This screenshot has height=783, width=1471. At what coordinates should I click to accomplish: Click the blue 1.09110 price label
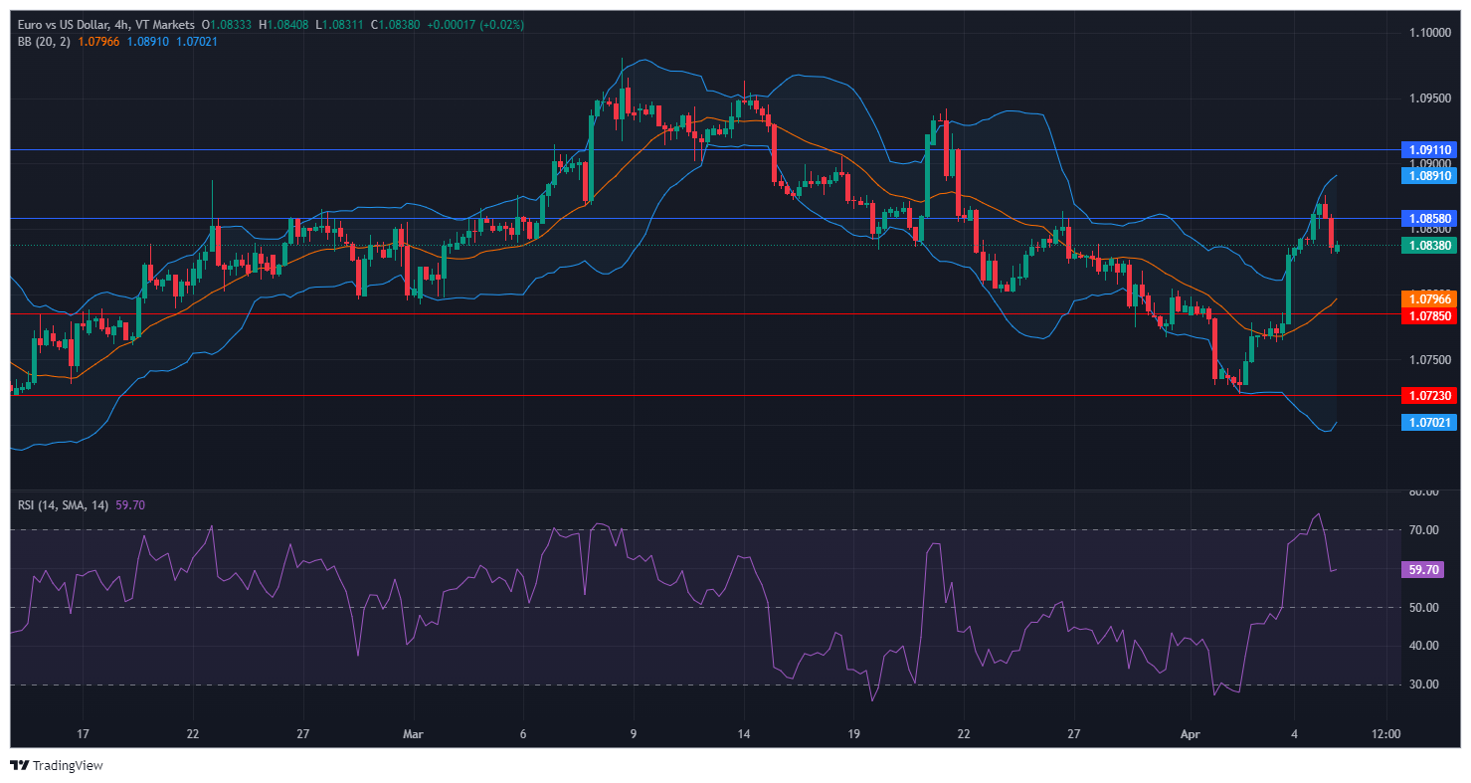click(1429, 150)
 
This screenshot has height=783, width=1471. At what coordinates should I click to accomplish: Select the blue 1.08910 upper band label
click(1429, 175)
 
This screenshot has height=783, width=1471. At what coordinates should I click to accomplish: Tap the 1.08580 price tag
click(1429, 218)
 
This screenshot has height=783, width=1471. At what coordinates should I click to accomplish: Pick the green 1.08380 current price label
click(1429, 245)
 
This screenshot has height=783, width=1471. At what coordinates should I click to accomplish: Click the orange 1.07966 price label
click(1429, 298)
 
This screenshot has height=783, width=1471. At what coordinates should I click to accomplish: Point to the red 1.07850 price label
click(1429, 315)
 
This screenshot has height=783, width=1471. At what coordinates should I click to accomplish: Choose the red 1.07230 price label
click(1429, 396)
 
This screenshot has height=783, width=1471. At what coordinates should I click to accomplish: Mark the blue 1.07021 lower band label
click(1429, 423)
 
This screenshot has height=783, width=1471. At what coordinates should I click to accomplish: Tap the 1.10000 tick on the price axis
click(1429, 33)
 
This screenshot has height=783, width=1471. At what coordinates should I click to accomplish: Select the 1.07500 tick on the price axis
click(1429, 360)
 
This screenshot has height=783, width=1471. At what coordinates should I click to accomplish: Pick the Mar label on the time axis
click(413, 734)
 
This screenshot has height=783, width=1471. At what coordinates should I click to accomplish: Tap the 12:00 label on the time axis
click(1385, 734)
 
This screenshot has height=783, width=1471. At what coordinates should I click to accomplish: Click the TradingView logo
click(57, 766)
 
